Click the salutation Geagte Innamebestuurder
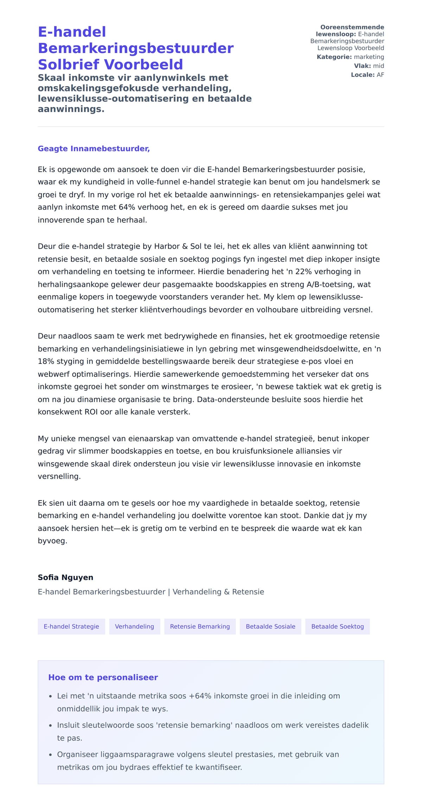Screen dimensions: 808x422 click(94, 149)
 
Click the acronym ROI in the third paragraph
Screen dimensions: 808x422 click(91, 412)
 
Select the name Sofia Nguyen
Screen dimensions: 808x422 click(65, 577)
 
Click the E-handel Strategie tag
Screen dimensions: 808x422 click(71, 626)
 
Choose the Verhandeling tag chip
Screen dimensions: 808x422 click(134, 626)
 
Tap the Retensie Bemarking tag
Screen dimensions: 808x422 click(200, 626)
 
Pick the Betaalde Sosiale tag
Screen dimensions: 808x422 click(270, 626)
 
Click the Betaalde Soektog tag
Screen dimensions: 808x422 click(337, 626)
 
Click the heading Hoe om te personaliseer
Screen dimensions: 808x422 click(103, 677)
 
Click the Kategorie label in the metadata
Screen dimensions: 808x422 click(334, 57)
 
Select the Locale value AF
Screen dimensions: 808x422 click(380, 75)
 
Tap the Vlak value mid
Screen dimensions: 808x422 click(378, 66)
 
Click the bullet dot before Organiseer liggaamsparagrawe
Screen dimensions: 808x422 click(50, 755)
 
